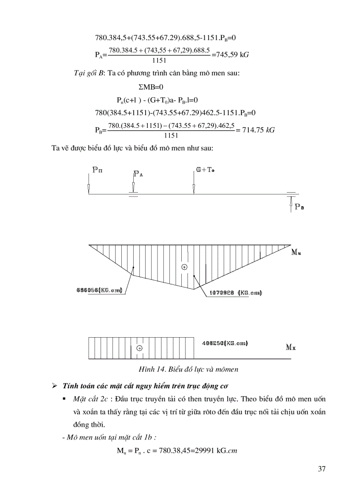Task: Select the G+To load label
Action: (205, 169)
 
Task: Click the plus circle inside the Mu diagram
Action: (184, 267)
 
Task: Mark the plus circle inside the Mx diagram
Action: (139, 348)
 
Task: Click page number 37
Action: (321, 469)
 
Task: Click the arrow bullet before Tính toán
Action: (55, 387)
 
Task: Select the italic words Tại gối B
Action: (88, 73)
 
